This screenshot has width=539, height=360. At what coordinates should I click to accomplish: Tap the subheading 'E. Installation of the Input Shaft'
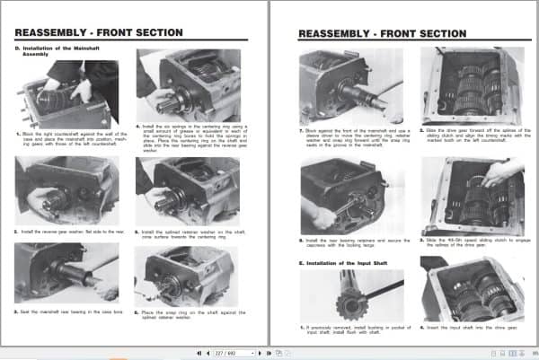point(342,261)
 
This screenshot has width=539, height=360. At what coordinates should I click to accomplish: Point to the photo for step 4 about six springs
point(187,85)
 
